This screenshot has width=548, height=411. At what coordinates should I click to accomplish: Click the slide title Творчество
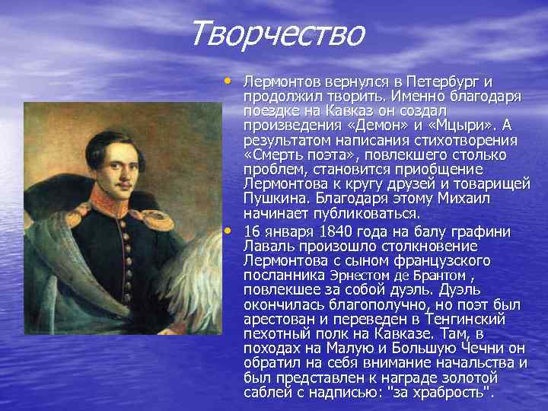pos(278,33)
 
